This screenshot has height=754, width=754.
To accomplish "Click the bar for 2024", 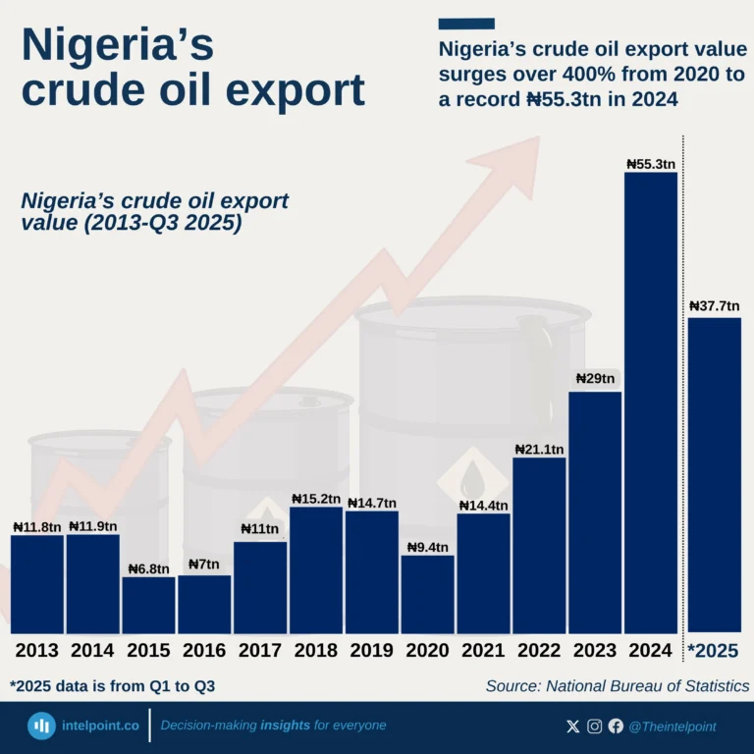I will (650, 403).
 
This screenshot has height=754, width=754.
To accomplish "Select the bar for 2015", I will (148, 605).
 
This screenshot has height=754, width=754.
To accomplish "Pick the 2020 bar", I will (427, 594).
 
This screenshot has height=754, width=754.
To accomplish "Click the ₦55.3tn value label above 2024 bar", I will (650, 163).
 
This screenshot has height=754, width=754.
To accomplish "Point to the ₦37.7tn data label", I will (714, 306).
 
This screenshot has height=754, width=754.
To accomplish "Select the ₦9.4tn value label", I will (427, 547).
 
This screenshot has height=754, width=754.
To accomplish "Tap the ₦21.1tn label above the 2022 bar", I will (539, 450).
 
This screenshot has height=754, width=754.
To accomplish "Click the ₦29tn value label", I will (594, 379).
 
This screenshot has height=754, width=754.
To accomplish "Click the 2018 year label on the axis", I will (315, 651).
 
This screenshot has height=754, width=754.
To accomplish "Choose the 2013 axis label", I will (36, 651).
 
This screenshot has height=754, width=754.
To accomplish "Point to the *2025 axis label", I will (713, 651).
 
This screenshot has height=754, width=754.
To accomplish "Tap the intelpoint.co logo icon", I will (41, 727).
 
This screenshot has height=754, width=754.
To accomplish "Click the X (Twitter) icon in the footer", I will (573, 727).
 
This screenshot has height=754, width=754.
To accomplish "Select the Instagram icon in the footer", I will (595, 727).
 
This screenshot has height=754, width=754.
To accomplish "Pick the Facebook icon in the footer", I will (616, 727).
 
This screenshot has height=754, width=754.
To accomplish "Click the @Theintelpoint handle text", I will (673, 727).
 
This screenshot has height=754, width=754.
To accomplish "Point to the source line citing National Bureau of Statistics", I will (617, 686).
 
